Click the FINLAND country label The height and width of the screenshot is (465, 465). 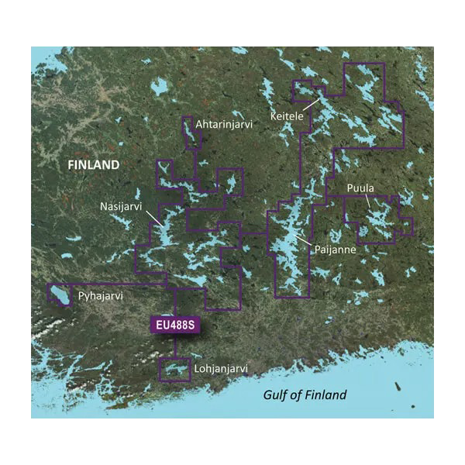click(93, 165)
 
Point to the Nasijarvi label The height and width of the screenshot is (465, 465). click(121, 207)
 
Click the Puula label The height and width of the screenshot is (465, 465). click(360, 188)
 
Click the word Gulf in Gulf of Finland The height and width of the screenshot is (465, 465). click(276, 395)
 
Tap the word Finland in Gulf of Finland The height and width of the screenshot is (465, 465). click(325, 395)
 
